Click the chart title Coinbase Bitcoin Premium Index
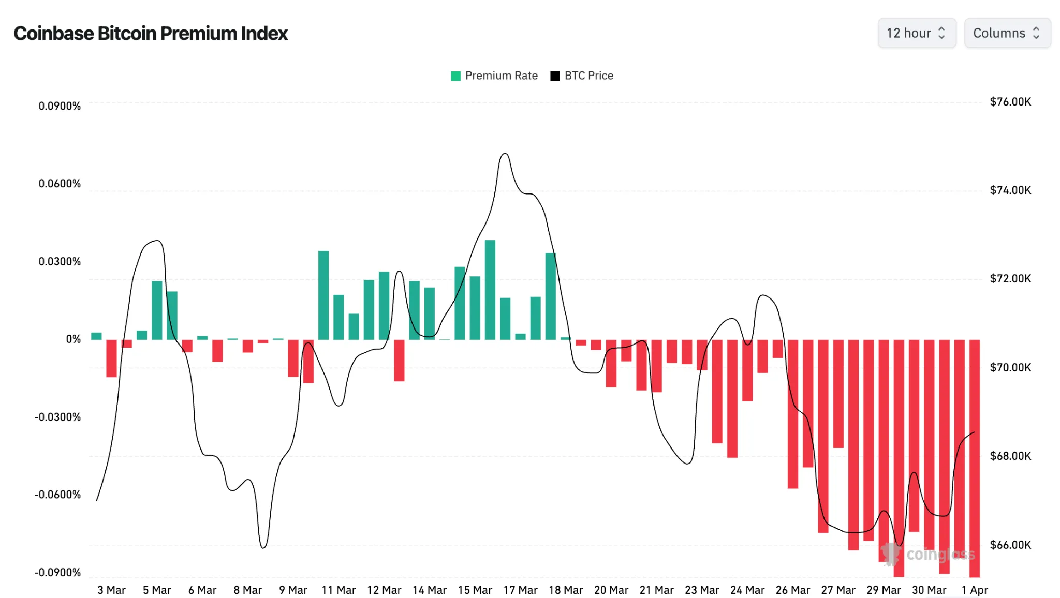[x=150, y=33]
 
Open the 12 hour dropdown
[x=916, y=33]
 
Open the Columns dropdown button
[x=1007, y=33]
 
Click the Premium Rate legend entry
[x=494, y=76]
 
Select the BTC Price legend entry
[x=582, y=76]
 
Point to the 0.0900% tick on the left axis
[x=60, y=106]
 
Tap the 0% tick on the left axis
[x=73, y=339]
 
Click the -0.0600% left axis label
[x=57, y=495]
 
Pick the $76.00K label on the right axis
[x=1010, y=102]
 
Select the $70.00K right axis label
[x=1010, y=368]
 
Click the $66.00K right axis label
[x=1010, y=545]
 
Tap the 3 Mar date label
[x=111, y=590]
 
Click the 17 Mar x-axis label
[x=520, y=590]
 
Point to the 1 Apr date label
[x=975, y=590]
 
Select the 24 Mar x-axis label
[x=747, y=590]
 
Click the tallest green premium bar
[x=490, y=290]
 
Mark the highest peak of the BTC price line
[x=505, y=154]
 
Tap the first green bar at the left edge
[x=96, y=336]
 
